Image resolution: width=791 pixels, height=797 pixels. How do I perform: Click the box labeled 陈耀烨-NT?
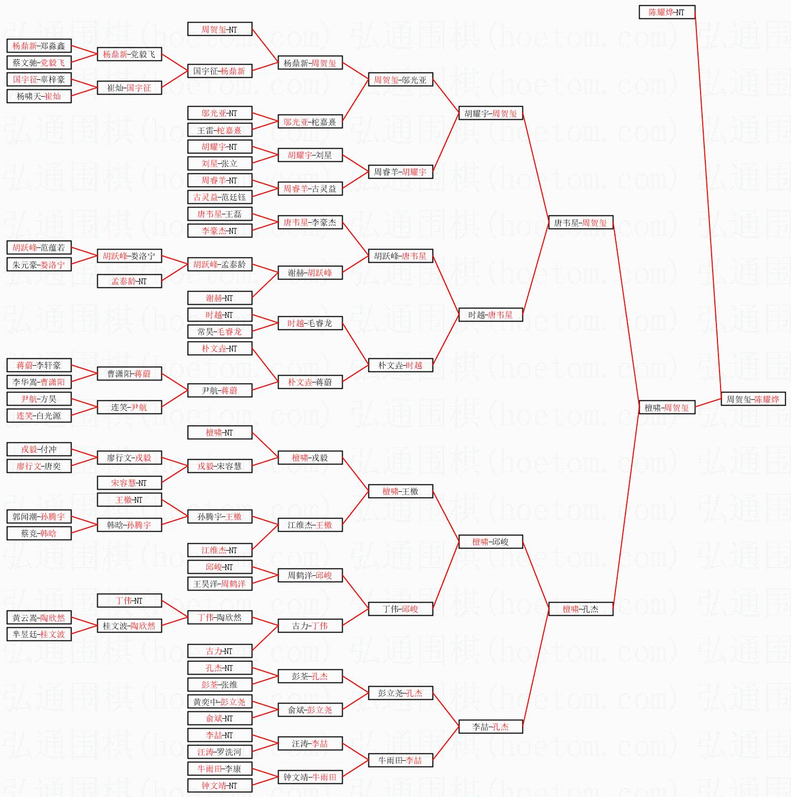pyautogui.click(x=666, y=12)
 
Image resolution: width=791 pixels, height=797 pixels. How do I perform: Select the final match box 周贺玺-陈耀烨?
pyautogui.click(x=753, y=399)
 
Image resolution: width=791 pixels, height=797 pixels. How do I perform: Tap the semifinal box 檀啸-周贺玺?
pyautogui.click(x=666, y=408)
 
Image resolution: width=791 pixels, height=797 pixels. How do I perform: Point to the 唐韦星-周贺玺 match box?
pyautogui.click(x=580, y=223)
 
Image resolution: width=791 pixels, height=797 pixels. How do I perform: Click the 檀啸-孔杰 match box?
pyautogui.click(x=580, y=609)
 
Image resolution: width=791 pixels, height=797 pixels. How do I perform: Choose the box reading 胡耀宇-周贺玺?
pyautogui.click(x=490, y=113)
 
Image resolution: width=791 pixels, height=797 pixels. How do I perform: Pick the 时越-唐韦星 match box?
pyautogui.click(x=490, y=315)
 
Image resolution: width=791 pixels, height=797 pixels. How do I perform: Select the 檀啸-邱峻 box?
pyautogui.click(x=490, y=542)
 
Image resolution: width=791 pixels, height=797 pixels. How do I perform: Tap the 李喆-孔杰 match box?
pyautogui.click(x=490, y=727)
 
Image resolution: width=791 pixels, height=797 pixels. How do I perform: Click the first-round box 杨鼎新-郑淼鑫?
pyautogui.click(x=39, y=46)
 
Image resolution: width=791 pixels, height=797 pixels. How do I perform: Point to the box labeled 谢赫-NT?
pyautogui.click(x=220, y=298)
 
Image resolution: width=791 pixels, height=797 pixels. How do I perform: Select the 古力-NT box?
pyautogui.click(x=220, y=651)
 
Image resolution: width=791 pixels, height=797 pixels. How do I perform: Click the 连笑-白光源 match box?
pyautogui.click(x=39, y=416)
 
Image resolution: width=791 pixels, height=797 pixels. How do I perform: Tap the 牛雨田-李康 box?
pyautogui.click(x=220, y=769)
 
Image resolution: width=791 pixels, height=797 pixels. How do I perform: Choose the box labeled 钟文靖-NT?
pyautogui.click(x=220, y=785)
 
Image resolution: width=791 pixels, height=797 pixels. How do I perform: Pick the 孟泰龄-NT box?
pyautogui.click(x=129, y=282)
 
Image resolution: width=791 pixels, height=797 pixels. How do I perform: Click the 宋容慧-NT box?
pyautogui.click(x=129, y=483)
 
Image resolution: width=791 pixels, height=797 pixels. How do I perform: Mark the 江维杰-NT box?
pyautogui.click(x=220, y=550)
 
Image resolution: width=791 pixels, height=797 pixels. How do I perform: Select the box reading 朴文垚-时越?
pyautogui.click(x=400, y=365)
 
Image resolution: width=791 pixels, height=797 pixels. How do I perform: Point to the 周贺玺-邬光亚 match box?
pyautogui.click(x=400, y=80)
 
